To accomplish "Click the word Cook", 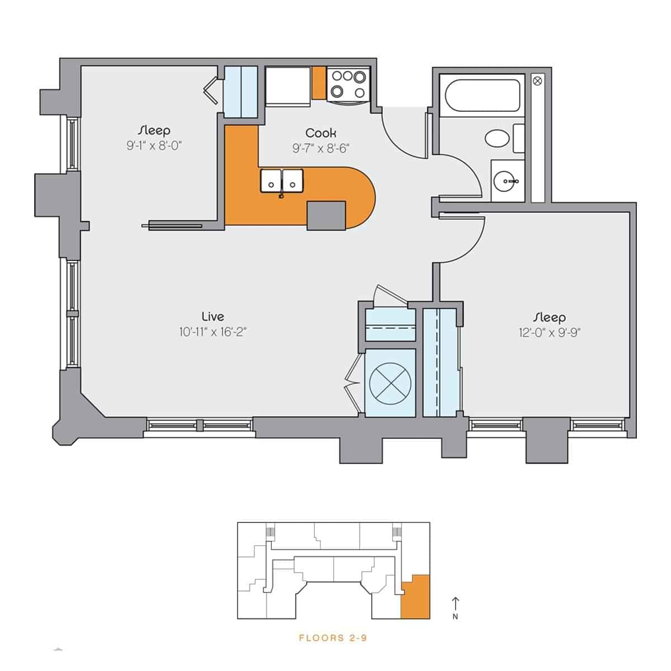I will [x=320, y=133].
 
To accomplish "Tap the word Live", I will [x=212, y=316].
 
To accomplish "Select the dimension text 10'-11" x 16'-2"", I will [x=212, y=332].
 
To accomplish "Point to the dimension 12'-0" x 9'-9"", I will [x=549, y=333].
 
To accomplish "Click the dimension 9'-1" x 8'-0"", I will [x=155, y=147].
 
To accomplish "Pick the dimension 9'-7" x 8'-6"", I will [x=321, y=148].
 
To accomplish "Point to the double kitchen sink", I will [x=281, y=181].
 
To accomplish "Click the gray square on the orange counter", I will [x=327, y=215].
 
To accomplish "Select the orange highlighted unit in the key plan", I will [x=417, y=598].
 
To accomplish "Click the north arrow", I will [x=456, y=603].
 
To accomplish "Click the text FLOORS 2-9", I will [x=333, y=638].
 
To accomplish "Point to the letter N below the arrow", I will [x=456, y=617].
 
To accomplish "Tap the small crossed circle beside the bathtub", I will [x=538, y=81].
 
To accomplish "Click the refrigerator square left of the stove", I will [x=288, y=86].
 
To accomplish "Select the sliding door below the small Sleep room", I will [x=172, y=226].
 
